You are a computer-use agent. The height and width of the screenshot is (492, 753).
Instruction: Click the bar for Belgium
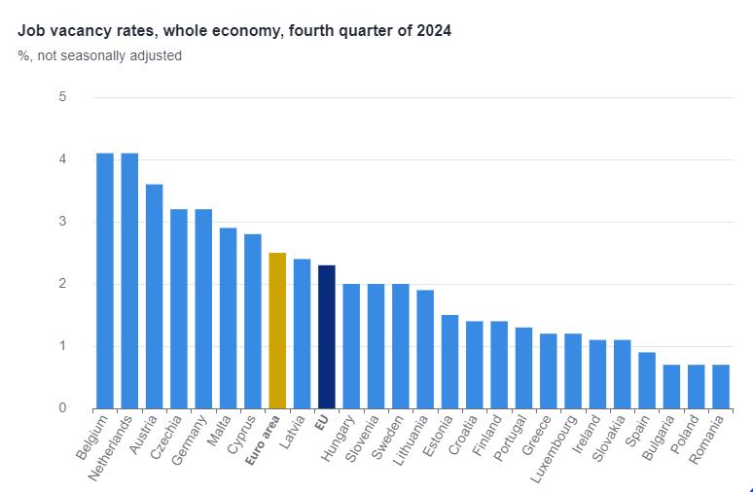104,281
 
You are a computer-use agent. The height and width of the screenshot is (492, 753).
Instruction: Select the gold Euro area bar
277,331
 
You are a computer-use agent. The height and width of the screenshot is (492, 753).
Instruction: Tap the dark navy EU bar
326,336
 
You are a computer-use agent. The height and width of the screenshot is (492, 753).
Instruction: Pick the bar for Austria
154,297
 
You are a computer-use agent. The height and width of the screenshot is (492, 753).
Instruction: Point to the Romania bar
720,386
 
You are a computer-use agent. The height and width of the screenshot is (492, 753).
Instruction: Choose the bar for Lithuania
425,349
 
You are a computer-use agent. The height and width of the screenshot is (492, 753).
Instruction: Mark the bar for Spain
647,380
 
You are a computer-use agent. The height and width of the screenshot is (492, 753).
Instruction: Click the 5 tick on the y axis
62,97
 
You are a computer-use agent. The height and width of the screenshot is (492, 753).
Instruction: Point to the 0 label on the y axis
62,408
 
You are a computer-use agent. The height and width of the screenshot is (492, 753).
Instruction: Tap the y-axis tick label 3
62,222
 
